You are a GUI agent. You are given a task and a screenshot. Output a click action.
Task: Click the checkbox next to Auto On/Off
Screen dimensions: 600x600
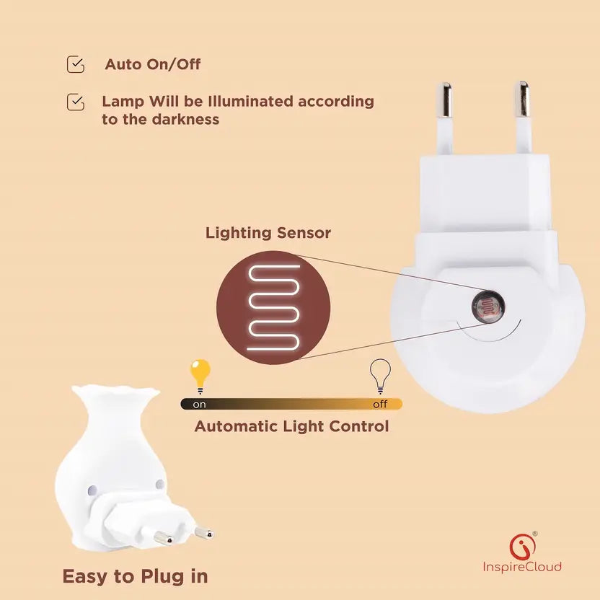75,64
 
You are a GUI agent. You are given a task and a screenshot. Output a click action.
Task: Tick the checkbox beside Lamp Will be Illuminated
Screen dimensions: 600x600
75,102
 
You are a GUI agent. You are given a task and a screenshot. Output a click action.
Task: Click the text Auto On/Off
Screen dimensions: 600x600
153,64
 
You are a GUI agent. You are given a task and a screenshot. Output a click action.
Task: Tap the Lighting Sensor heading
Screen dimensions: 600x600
268,233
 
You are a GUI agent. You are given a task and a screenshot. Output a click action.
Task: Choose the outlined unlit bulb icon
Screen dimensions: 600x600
379,374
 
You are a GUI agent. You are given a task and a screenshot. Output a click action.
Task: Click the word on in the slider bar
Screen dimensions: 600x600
199,405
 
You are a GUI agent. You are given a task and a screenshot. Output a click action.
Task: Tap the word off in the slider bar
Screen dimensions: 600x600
380,405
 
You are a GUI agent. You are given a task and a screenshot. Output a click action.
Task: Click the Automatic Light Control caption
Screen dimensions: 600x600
291,426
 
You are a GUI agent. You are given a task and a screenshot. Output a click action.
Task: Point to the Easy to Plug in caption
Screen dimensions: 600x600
135,576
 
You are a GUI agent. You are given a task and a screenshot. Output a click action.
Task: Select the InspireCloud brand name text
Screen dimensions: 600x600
522,567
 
